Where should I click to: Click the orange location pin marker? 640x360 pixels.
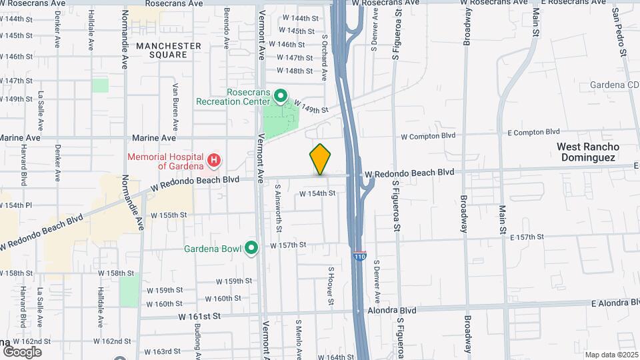click(x=320, y=159)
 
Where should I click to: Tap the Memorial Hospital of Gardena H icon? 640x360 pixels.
click(x=214, y=160)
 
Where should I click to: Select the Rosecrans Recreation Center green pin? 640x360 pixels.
click(x=281, y=97)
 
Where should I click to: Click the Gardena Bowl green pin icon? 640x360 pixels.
click(x=251, y=248)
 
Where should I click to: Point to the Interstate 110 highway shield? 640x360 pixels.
click(x=359, y=256)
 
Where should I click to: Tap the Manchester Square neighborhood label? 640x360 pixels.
click(x=168, y=51)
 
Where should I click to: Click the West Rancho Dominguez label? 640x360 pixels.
click(x=588, y=151)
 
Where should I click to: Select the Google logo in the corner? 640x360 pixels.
click(x=22, y=351)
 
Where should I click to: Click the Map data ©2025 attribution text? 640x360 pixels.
click(x=611, y=355)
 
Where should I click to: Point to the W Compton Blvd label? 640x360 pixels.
click(x=428, y=135)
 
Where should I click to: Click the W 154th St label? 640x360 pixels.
click(x=316, y=193)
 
